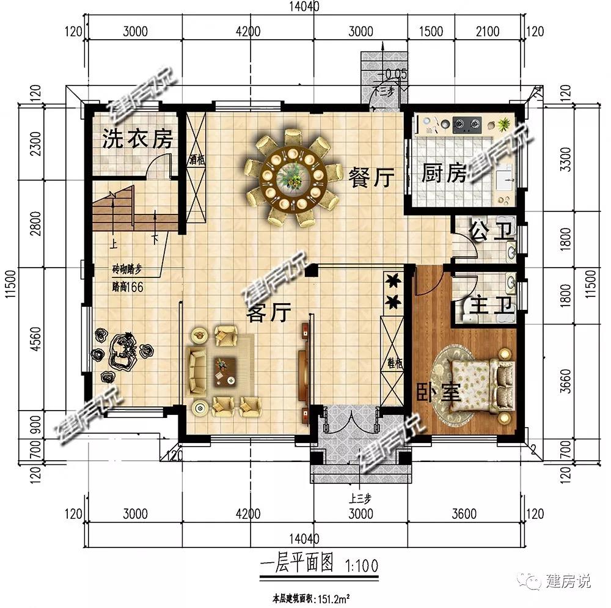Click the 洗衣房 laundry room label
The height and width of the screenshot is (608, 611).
[x=137, y=140]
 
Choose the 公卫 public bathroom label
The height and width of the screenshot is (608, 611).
[x=489, y=232]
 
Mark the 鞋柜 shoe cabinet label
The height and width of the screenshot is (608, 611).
[x=394, y=364]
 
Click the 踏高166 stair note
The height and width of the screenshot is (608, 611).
[x=127, y=287]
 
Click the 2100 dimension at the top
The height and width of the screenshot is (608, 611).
[x=487, y=32]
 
